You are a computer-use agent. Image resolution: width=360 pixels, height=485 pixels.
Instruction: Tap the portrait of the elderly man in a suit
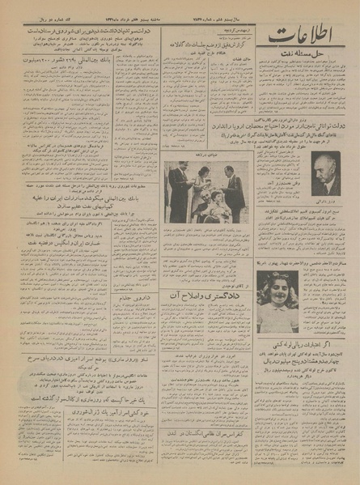coord(326,173)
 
